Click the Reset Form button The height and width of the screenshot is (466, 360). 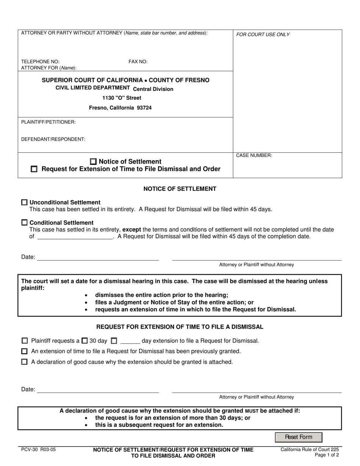click(299, 437)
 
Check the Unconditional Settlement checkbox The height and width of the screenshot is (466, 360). click(25, 202)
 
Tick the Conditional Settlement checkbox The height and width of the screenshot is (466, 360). click(25, 223)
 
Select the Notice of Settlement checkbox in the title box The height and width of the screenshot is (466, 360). click(94, 161)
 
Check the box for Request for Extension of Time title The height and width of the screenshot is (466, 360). click(34, 169)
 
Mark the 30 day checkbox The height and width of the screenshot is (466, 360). click(85, 341)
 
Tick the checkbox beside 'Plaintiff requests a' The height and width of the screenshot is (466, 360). click(25, 341)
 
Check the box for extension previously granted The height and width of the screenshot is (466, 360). click(25, 351)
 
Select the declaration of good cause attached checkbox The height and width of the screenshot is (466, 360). click(25, 362)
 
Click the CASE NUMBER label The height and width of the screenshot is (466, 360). click(254, 155)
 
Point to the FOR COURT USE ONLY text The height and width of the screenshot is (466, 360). click(263, 34)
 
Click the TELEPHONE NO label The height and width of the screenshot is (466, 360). click(40, 62)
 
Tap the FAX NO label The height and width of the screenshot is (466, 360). click(138, 62)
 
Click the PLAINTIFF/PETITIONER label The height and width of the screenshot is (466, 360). click(48, 122)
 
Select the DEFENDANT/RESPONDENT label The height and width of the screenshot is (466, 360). click(53, 139)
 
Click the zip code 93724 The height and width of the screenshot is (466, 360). click(144, 108)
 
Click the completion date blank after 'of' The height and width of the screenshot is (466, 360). click(75, 236)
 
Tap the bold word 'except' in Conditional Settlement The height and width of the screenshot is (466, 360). click(131, 230)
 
